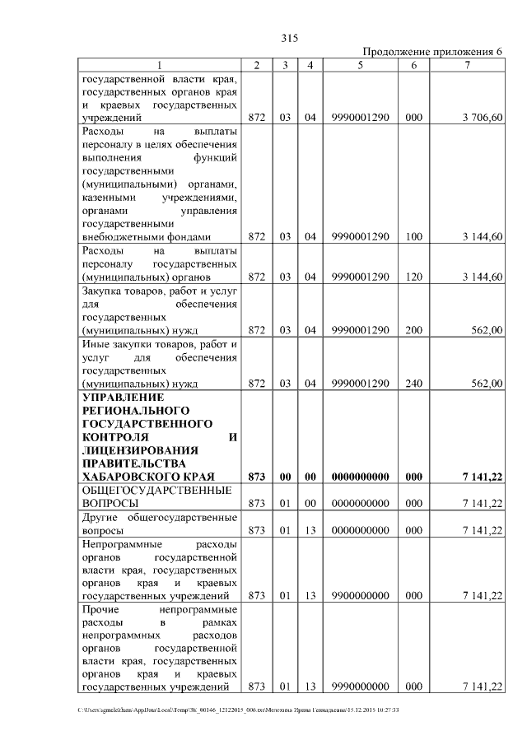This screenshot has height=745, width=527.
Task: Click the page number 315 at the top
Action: pyautogui.click(x=288, y=38)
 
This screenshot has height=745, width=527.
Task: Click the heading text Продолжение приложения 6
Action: pyautogui.click(x=433, y=52)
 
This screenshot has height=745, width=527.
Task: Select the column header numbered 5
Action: pyautogui.click(x=361, y=65)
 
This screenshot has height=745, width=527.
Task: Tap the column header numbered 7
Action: pyautogui.click(x=467, y=65)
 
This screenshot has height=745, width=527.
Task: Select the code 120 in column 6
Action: pyautogui.click(x=414, y=277)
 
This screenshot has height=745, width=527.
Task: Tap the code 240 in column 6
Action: pyautogui.click(x=414, y=383)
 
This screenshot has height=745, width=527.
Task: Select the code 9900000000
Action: pyautogui.click(x=361, y=595)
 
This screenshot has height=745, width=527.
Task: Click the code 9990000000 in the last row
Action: pyautogui.click(x=361, y=687)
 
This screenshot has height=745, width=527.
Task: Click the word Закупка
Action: pyautogui.click(x=102, y=291)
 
